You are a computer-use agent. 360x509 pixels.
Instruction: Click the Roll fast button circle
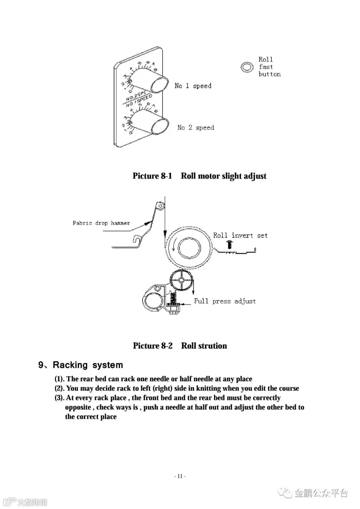tap(247, 67)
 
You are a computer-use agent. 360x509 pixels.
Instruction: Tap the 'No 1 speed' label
tap(193, 86)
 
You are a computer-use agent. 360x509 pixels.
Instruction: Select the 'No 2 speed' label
tap(196, 128)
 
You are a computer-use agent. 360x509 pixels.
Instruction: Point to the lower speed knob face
tap(159, 125)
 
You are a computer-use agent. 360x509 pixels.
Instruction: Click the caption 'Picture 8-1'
tap(152, 176)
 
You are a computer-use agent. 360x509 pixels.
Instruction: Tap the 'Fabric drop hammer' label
tap(101, 223)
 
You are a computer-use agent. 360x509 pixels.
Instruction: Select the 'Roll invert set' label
tap(240, 235)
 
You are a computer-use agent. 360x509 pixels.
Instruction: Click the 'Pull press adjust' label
tap(225, 301)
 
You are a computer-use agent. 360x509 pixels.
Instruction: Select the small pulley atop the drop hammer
tap(160, 206)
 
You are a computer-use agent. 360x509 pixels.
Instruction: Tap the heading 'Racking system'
tap(88, 365)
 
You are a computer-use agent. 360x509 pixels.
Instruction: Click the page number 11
tap(180, 476)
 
